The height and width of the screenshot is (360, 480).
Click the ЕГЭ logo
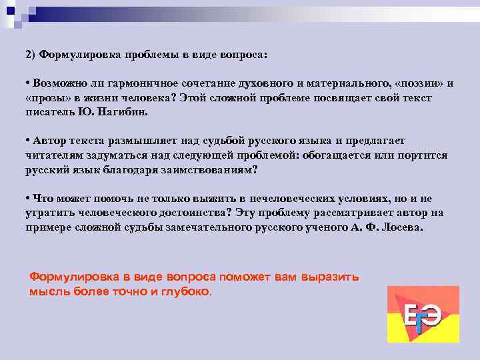(x=423, y=314)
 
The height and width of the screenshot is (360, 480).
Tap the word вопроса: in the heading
(x=241, y=55)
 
